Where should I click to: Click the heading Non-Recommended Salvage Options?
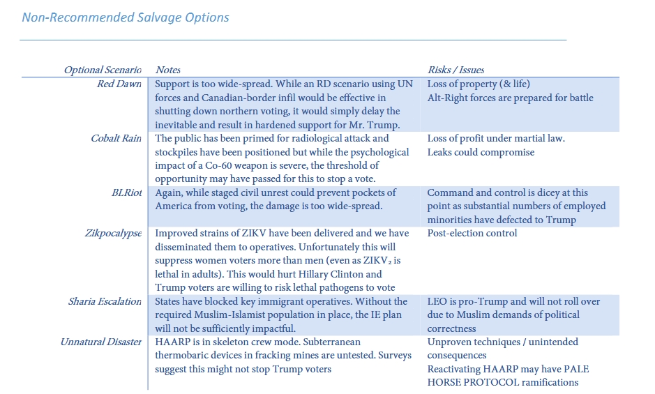(x=126, y=17)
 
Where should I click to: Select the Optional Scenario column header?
(x=103, y=70)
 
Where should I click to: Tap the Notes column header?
(x=168, y=70)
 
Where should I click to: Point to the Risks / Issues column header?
(x=456, y=70)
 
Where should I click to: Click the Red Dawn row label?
(x=119, y=84)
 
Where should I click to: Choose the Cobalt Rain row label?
(x=116, y=138)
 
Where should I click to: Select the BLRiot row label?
(x=126, y=192)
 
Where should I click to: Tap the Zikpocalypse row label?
(x=113, y=233)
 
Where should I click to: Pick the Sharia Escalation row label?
(x=105, y=301)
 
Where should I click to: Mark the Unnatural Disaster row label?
(x=101, y=342)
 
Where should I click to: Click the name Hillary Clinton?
(x=340, y=274)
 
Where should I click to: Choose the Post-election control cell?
(x=472, y=233)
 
